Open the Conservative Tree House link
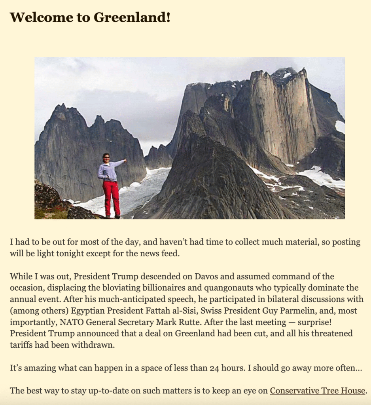(317, 391)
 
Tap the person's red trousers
(112, 196)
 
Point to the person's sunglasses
(106, 157)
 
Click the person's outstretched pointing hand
(125, 160)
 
